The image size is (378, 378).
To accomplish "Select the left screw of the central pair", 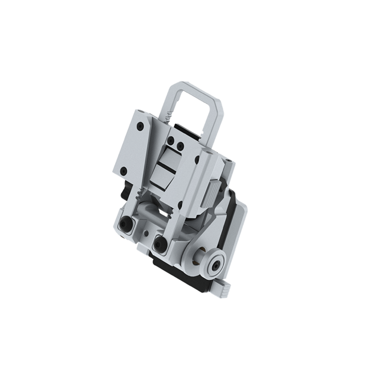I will (x=171, y=140).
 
